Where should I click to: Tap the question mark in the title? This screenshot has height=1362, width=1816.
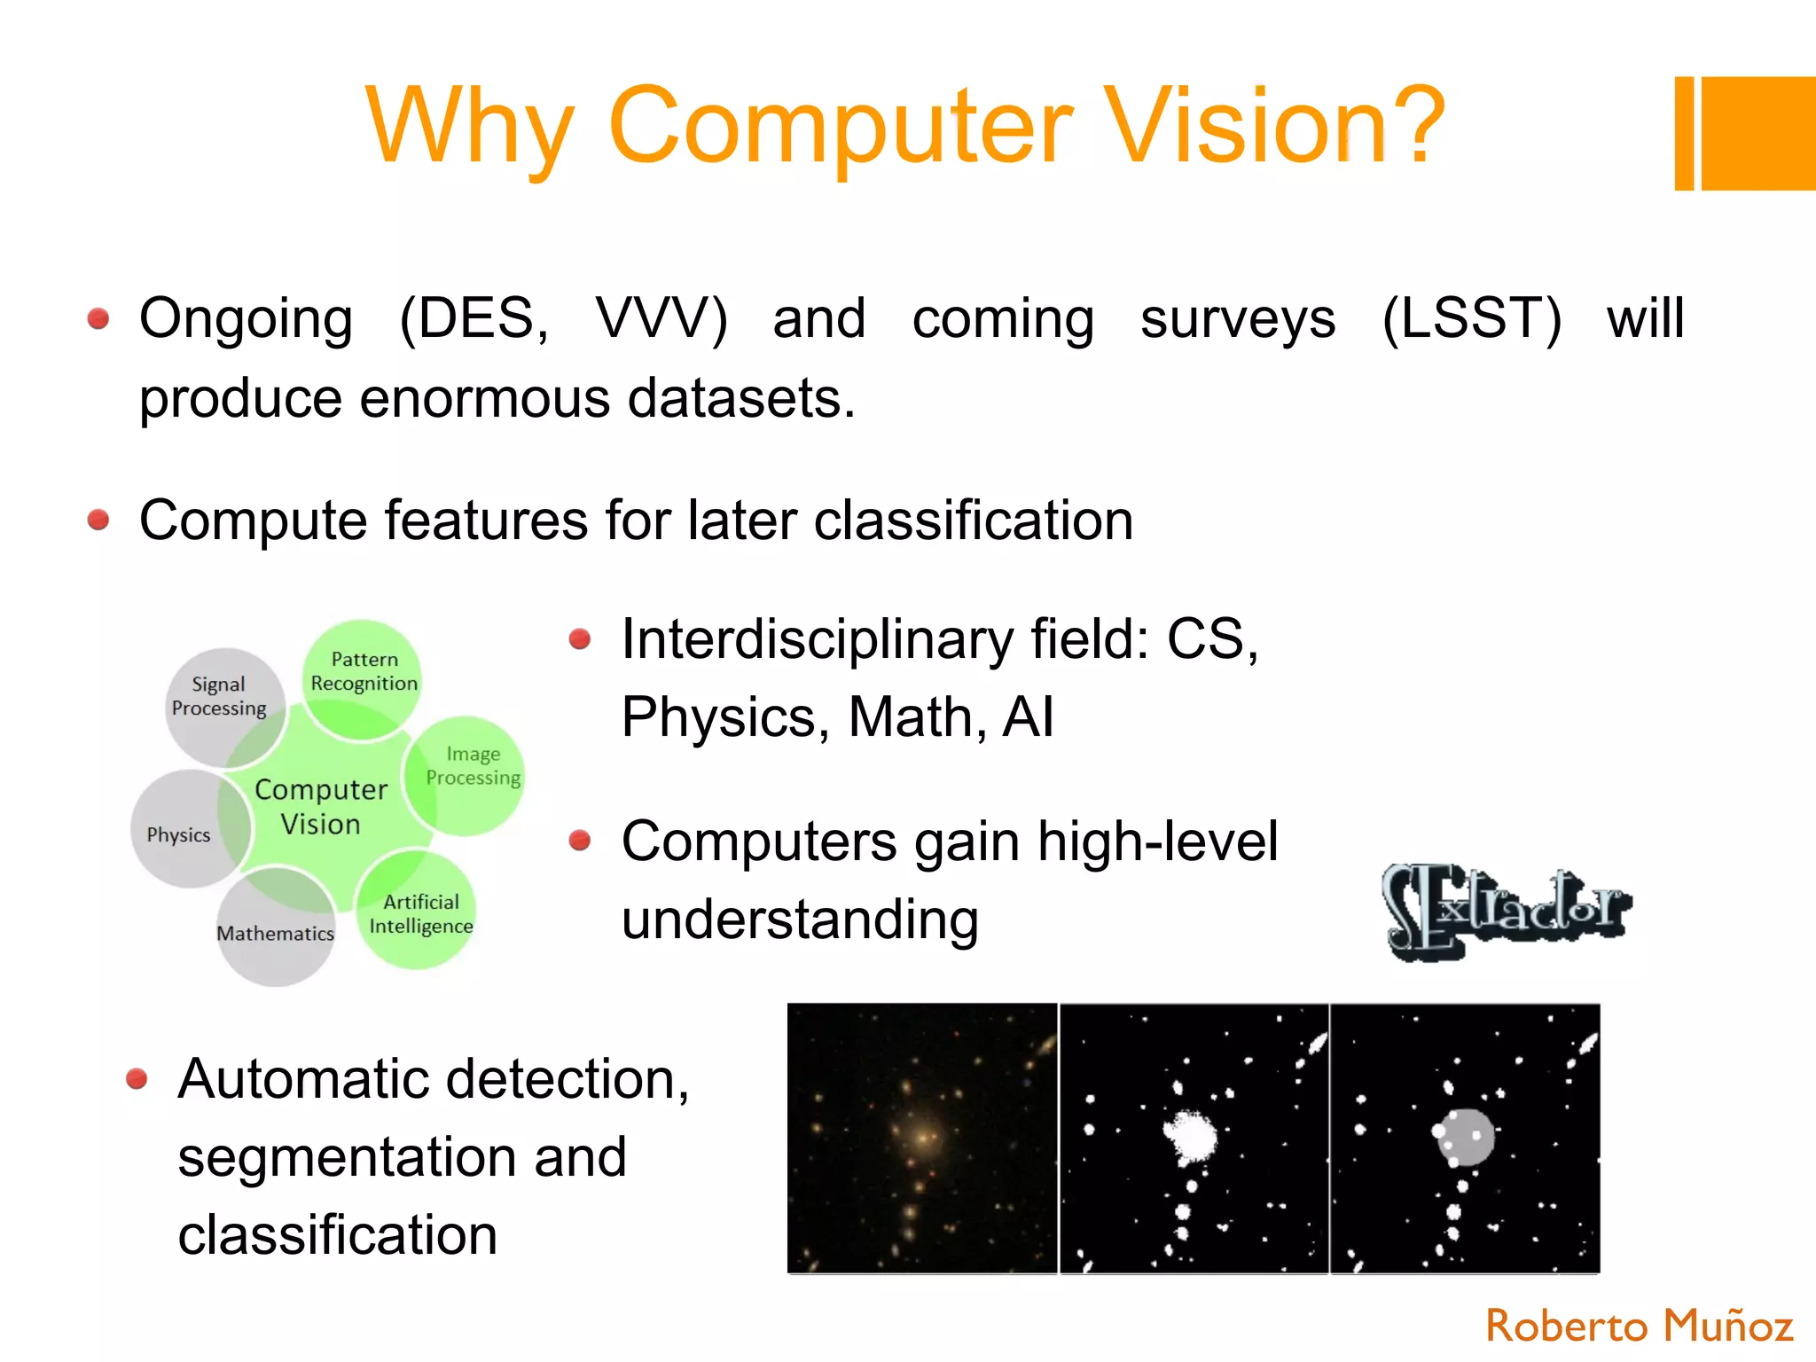(x=1413, y=126)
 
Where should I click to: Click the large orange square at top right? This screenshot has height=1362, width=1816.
(x=1759, y=133)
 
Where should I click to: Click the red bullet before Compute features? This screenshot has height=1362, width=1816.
(x=98, y=520)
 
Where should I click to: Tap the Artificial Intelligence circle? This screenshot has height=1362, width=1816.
(x=420, y=913)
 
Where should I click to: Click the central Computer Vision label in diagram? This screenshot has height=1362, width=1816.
(x=321, y=806)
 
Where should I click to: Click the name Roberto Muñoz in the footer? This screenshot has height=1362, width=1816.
(x=1639, y=1327)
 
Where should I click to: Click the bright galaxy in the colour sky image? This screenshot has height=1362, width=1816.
(x=923, y=1136)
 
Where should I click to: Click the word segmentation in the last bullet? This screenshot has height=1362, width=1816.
(x=402, y=1157)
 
